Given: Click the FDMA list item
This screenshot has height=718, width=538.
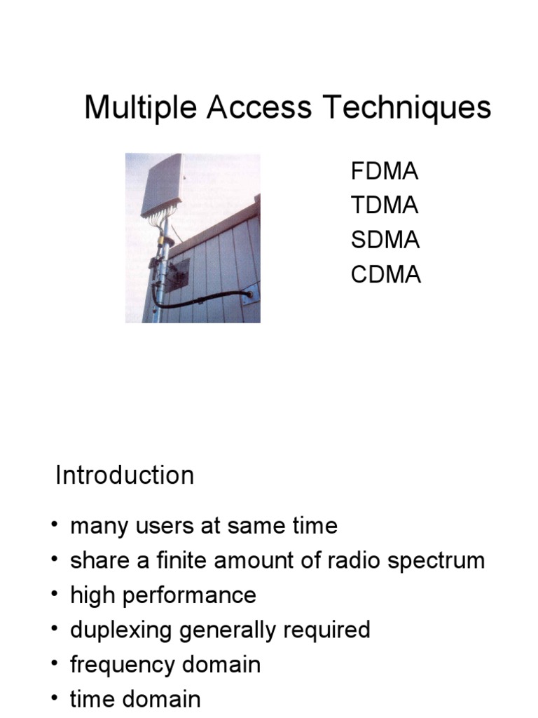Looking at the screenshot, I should click(385, 171).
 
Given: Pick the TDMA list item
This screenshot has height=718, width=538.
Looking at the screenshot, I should click(385, 205).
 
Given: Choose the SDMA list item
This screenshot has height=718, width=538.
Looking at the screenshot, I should click(385, 240).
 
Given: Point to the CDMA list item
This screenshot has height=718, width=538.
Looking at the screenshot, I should click(385, 274).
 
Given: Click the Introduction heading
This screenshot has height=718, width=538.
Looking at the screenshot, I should click(125, 475).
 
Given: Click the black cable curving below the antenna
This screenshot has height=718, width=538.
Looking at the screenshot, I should click(203, 302).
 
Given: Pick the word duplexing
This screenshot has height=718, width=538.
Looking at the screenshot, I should click(122, 630).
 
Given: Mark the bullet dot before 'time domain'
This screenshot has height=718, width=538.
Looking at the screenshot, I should click(55, 699).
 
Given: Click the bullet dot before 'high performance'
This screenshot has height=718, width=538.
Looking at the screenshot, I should click(55, 595).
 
